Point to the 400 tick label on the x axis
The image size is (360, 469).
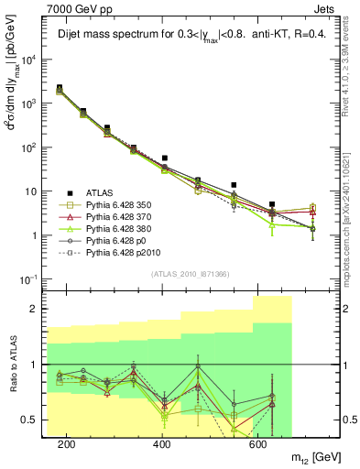(x=162, y=444)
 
